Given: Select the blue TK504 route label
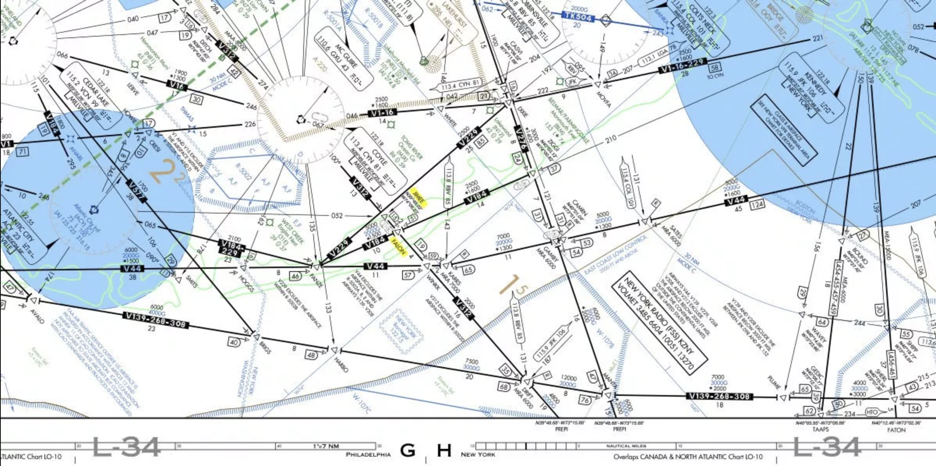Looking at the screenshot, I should tap(579, 17).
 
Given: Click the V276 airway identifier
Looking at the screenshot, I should tap(521, 139).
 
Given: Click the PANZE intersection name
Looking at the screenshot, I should tap(316, 280).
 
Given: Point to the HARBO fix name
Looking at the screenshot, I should tap(341, 364).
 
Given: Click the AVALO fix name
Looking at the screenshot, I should tap(37, 316).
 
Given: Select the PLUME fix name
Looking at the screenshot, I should tap(774, 382).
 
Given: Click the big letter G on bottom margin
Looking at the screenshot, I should tap(408, 450).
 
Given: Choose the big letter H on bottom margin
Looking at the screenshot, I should tap(444, 450).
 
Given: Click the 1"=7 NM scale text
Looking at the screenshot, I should tap(326, 446).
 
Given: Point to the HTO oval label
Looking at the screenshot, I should tap(871, 412).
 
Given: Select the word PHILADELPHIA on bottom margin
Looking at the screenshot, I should tap(368, 455).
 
